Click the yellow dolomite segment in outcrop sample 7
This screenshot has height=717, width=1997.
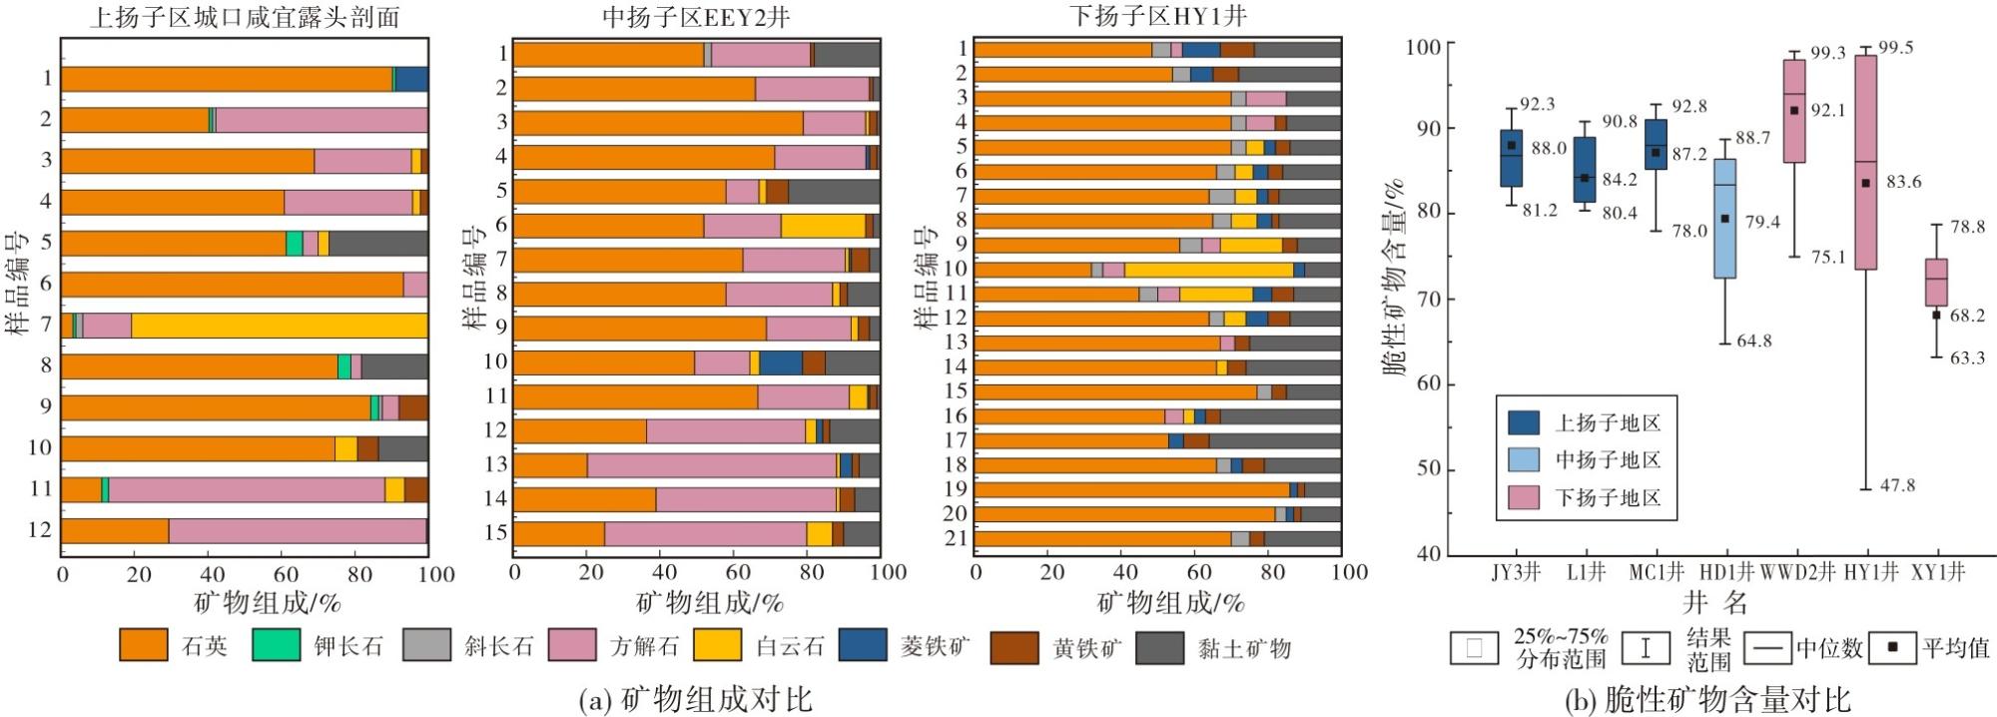(x=280, y=326)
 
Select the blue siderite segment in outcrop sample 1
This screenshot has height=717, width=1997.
(x=411, y=79)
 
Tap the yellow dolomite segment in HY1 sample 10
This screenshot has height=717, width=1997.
(x=1209, y=270)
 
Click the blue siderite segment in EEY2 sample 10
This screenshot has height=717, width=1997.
(x=781, y=362)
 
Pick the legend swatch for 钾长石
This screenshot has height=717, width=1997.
(x=276, y=646)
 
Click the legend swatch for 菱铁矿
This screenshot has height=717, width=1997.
(x=863, y=646)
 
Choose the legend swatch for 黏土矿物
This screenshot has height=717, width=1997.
(x=1161, y=646)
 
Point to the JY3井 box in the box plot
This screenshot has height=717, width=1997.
(x=1511, y=158)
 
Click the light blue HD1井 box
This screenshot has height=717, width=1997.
(x=1724, y=219)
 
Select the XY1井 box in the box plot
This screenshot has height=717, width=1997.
(x=1936, y=283)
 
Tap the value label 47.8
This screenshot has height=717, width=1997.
(x=1897, y=485)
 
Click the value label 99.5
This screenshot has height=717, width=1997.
(x=1896, y=48)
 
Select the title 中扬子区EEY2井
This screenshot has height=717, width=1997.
(x=696, y=16)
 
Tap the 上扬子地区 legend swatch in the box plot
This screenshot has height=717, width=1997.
(x=1523, y=422)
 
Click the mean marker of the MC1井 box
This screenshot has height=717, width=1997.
(x=1656, y=153)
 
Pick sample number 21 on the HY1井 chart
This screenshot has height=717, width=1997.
(x=956, y=538)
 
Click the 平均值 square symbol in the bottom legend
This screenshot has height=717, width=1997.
(x=1891, y=647)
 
